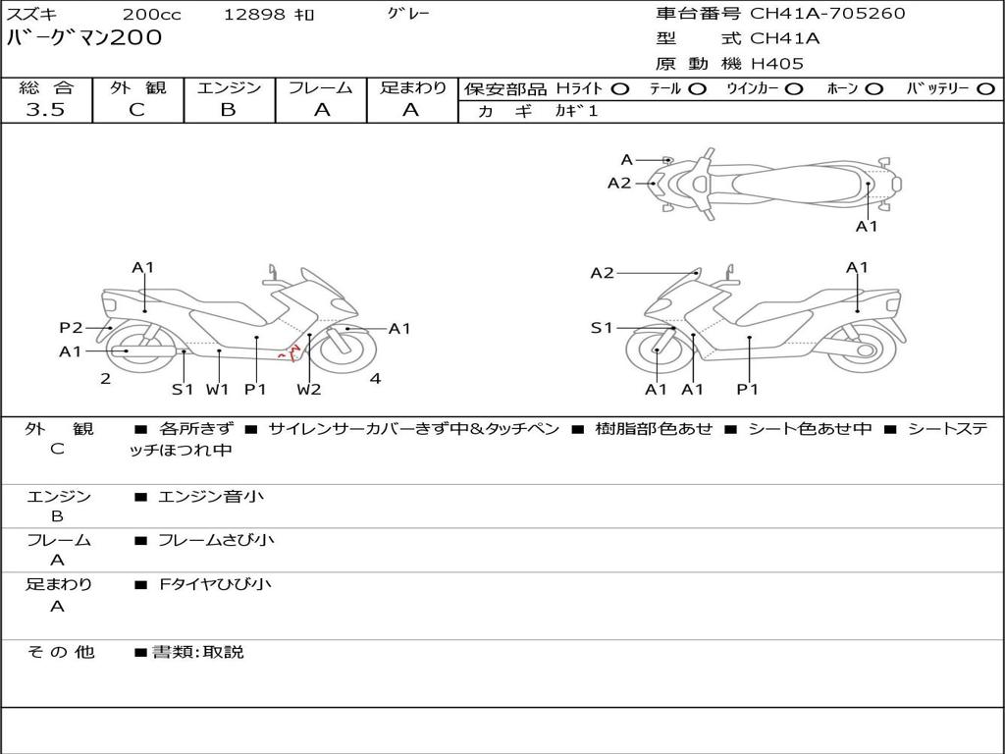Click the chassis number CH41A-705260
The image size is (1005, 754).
pos(827,14)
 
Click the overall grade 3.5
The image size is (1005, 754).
pos(45,110)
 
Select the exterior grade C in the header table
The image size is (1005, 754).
pos(137,110)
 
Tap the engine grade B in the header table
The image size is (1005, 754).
pos(228,110)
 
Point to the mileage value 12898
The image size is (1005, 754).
pos(255,14)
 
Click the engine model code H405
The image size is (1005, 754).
pos(777,64)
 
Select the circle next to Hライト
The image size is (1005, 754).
pos(620,89)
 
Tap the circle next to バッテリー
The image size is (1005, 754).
pos(985,89)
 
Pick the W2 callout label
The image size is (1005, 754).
pos(309,389)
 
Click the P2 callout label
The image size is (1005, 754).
pos(71,328)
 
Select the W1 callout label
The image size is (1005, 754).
pos(218,389)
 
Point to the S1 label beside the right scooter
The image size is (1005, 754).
pos(602,328)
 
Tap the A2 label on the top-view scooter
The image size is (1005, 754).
pos(619,184)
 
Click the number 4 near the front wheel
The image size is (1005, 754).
pos(376,378)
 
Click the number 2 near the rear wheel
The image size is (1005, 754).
pos(106,378)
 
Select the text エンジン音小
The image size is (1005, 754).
pos(211,496)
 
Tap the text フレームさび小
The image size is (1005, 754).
pos(216,541)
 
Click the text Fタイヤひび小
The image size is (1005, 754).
pos(215,584)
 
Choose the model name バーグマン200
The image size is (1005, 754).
pos(84,38)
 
